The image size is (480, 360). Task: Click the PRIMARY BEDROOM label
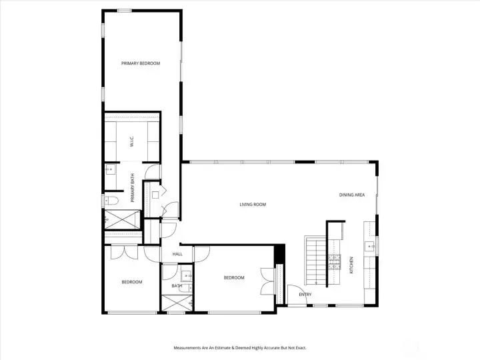tap(141, 63)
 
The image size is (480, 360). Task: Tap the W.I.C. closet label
tap(132, 141)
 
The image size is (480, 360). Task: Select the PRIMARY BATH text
tap(133, 187)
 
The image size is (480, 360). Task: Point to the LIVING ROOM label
tap(253, 204)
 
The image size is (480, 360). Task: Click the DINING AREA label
tap(352, 195)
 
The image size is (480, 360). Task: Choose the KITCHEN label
tap(351, 265)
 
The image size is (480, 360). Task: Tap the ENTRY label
tap(305, 294)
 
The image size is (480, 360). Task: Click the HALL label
tap(177, 254)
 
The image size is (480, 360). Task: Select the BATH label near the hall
tap(177, 286)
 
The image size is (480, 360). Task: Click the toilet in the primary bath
tap(111, 201)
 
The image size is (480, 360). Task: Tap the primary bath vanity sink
tap(110, 169)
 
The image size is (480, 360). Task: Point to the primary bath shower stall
tap(122, 219)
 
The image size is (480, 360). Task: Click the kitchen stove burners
tap(334, 262)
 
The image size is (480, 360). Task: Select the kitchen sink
tap(370, 246)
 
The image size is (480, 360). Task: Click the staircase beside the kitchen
tap(315, 260)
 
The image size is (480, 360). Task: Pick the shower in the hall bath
tap(177, 303)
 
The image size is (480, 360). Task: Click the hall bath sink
tap(187, 276)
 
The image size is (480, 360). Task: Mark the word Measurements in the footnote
tap(187, 348)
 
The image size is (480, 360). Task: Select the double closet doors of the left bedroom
tap(124, 252)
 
